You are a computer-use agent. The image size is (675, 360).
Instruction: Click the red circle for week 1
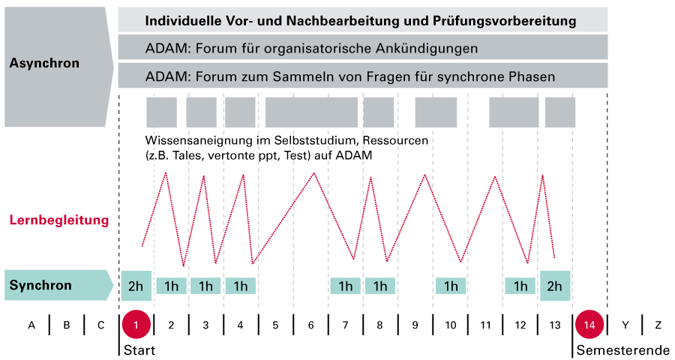click(x=136, y=325)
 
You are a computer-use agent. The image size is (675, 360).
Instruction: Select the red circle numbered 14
click(x=589, y=325)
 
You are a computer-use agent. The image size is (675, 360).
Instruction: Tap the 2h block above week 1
click(x=136, y=286)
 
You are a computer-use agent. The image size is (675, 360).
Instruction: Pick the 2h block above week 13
click(x=555, y=286)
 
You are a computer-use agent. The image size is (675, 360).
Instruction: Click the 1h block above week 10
click(x=451, y=286)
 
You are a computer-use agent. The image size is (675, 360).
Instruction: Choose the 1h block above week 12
click(x=520, y=286)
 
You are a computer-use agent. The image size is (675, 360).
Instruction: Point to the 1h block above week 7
click(x=346, y=286)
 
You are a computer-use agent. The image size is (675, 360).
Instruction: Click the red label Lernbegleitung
click(x=59, y=220)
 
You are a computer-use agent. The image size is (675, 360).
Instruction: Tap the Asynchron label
click(x=44, y=64)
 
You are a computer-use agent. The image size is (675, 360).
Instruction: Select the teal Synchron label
click(x=40, y=285)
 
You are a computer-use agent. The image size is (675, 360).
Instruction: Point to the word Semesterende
click(x=622, y=350)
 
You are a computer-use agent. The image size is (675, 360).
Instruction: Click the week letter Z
click(x=658, y=325)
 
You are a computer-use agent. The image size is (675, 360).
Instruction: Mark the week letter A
click(x=31, y=325)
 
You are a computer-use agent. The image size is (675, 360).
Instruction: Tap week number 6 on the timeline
click(x=310, y=325)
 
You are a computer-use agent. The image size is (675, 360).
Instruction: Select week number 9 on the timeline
click(x=415, y=325)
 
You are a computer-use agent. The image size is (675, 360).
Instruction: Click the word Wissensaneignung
click(x=196, y=141)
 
